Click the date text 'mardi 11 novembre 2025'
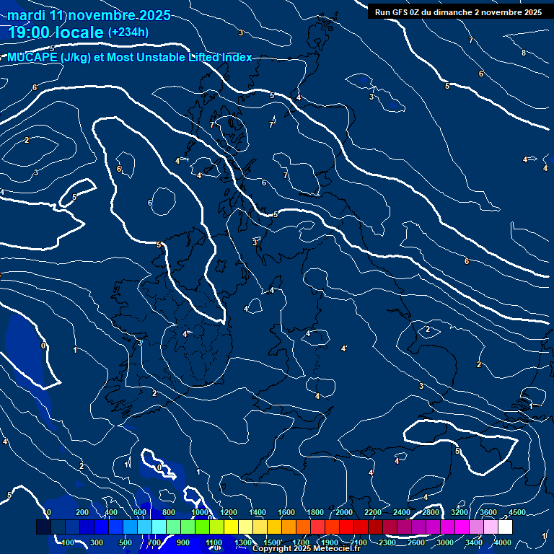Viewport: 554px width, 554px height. (89, 15)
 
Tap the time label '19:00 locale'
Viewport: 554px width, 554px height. (56, 32)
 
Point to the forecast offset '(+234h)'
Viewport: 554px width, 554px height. (128, 32)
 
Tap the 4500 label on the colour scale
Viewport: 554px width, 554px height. (516, 513)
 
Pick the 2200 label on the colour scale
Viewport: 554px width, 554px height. (372, 513)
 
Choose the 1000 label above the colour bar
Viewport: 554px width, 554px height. (200, 513)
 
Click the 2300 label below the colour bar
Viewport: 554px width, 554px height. (387, 542)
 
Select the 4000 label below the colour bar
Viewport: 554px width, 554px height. (503, 542)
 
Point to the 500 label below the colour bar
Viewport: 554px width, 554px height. (126, 542)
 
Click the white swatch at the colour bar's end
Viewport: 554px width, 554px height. (505, 527)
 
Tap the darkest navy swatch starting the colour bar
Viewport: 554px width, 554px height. (43, 527)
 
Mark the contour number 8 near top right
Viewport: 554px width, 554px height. (524, 53)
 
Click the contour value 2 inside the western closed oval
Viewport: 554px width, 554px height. (27, 140)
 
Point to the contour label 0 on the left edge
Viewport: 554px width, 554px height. (43, 346)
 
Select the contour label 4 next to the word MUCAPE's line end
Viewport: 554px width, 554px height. (298, 97)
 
